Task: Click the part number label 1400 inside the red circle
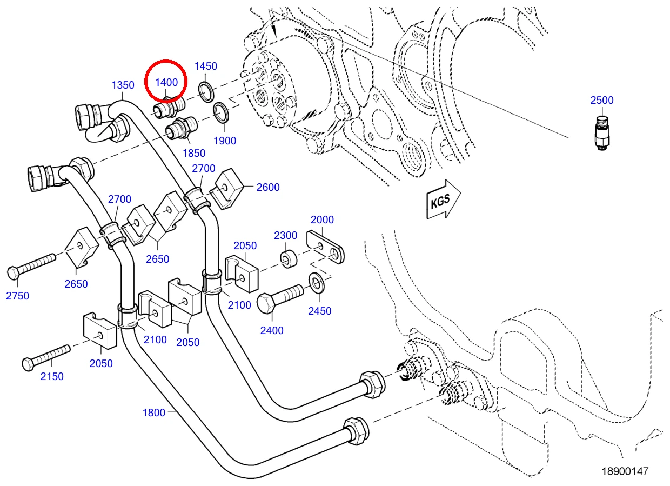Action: (x=166, y=82)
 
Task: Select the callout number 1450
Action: (x=206, y=66)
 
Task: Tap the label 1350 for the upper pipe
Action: (x=123, y=85)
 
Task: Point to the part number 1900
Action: (x=225, y=141)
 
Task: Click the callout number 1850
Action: (x=194, y=153)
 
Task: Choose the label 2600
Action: (x=268, y=188)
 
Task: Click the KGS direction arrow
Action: (x=444, y=199)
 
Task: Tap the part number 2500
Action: (x=602, y=100)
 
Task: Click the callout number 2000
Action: (x=322, y=219)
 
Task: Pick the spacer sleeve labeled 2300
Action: (x=289, y=259)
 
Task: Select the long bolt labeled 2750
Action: (x=31, y=267)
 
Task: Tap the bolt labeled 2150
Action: (x=46, y=358)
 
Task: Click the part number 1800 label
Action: (x=154, y=412)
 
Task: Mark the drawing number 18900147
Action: (x=625, y=471)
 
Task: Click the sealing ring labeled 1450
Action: (x=206, y=91)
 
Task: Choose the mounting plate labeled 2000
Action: (x=325, y=247)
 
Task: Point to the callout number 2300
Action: (x=286, y=236)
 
